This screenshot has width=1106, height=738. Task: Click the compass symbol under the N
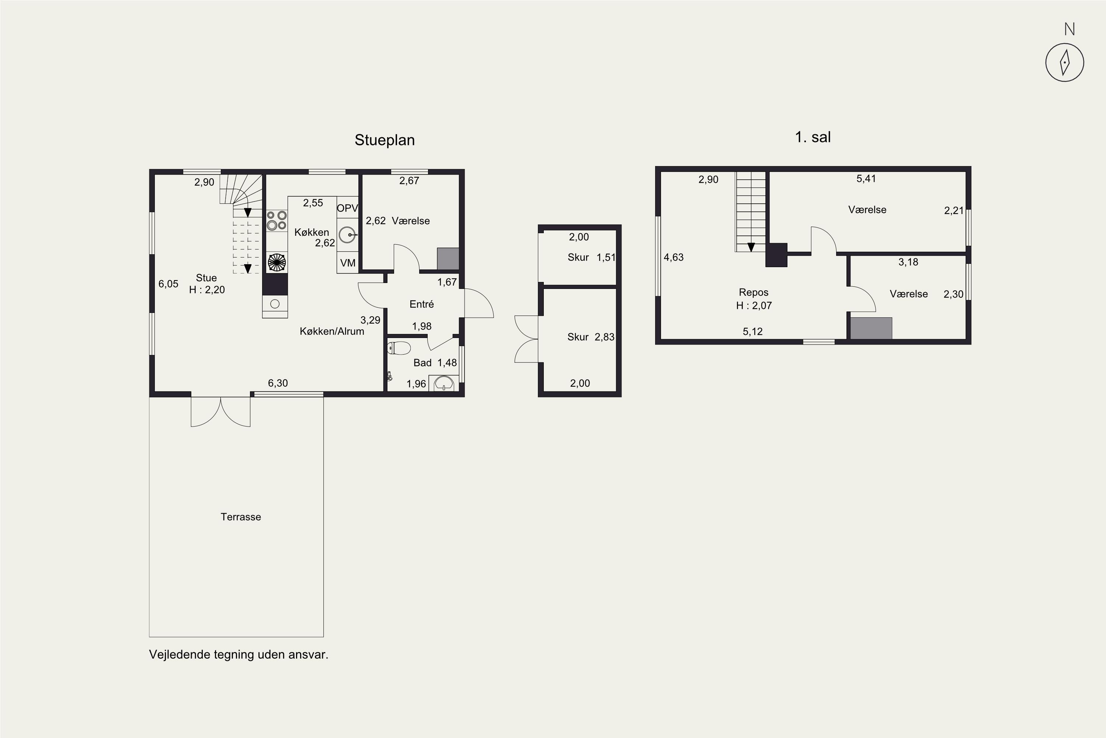1065,63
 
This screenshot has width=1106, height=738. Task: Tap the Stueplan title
385,140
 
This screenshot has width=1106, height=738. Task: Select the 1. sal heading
813,137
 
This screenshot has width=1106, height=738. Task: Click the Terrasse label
241,517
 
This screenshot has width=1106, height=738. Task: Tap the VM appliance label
348,263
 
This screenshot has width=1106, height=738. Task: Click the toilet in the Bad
399,348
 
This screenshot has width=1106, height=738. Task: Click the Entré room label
421,304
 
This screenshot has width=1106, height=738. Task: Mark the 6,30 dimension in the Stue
278,383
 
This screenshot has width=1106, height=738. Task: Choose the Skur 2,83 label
591,337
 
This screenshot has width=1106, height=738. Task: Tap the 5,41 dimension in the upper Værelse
866,178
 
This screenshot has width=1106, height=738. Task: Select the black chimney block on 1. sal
776,255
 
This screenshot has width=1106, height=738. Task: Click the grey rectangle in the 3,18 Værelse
871,328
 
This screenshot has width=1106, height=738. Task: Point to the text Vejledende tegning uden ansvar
239,655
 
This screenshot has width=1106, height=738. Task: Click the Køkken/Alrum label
332,331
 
